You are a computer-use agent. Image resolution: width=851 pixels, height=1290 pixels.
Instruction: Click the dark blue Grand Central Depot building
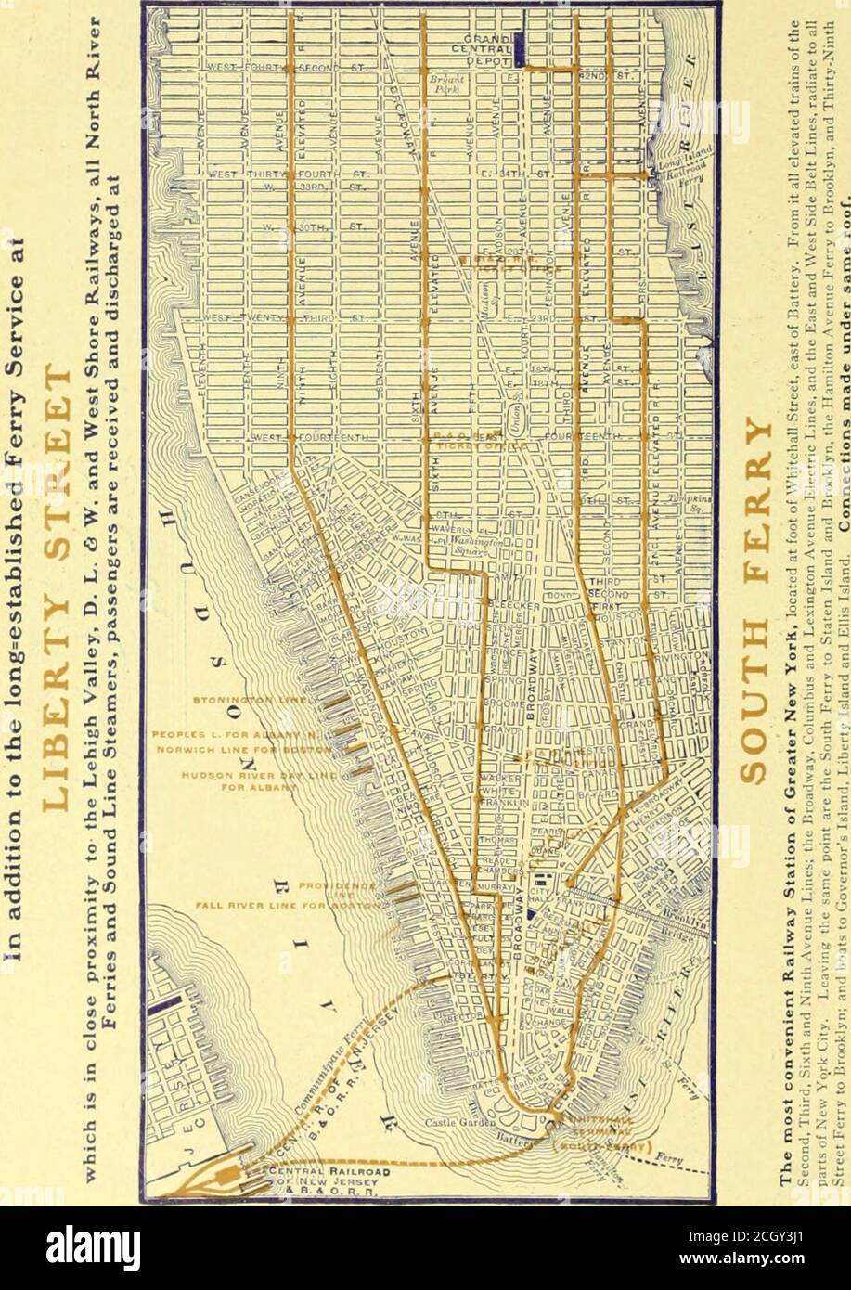click(522, 46)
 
